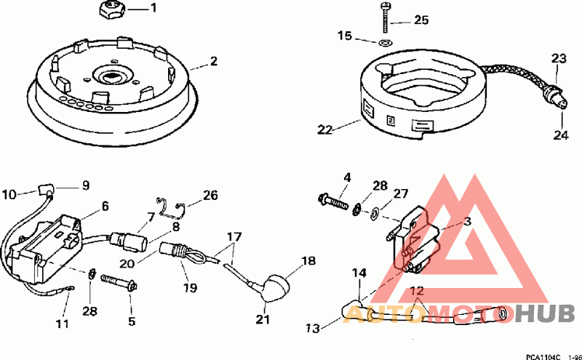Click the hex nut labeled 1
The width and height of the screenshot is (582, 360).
(x=112, y=9)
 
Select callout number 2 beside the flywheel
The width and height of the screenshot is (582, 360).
(x=213, y=62)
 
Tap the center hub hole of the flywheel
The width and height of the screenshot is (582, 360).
(x=115, y=74)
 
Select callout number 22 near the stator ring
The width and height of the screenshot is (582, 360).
(x=324, y=130)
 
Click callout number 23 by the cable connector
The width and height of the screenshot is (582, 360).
(x=558, y=58)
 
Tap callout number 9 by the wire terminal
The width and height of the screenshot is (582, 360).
(x=85, y=185)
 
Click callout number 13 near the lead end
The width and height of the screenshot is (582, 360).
(x=312, y=329)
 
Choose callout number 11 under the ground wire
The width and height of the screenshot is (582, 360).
(x=62, y=323)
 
